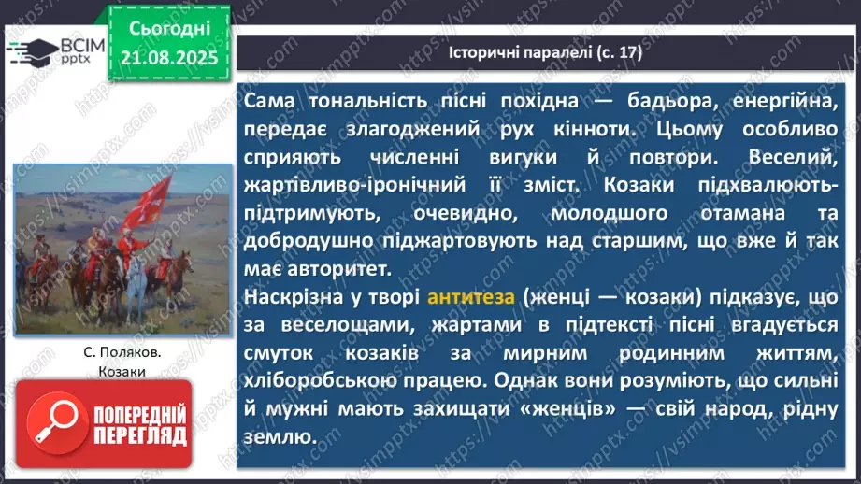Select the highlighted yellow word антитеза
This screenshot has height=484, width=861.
tap(465, 299)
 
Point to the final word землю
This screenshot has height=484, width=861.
tap(283, 436)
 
